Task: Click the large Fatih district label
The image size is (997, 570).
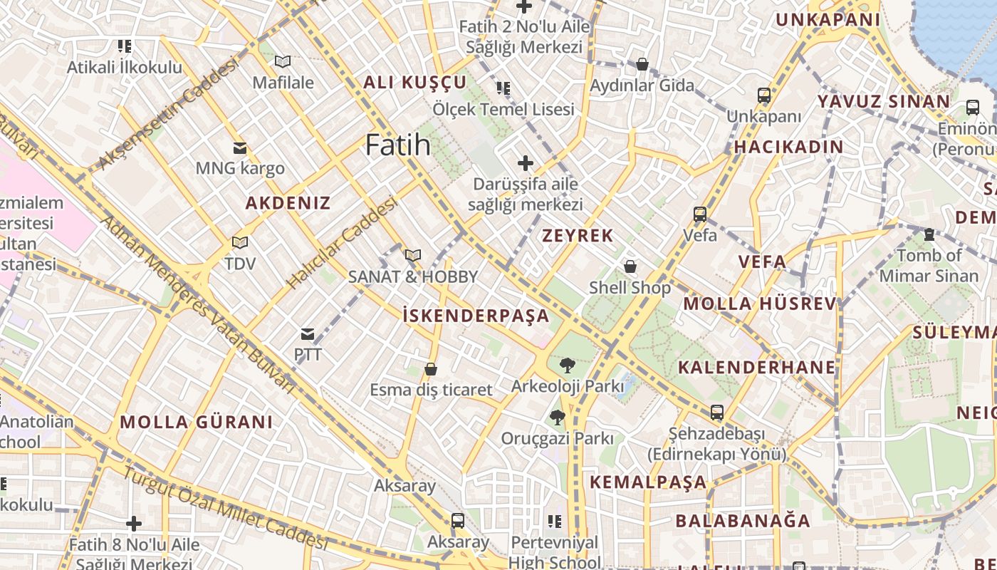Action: [397, 145]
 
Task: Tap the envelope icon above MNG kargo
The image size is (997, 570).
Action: [240, 148]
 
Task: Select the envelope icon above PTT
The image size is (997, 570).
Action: [308, 334]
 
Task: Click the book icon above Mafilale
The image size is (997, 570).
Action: [283, 62]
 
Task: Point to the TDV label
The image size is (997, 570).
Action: [240, 264]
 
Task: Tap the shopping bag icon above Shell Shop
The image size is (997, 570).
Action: [630, 267]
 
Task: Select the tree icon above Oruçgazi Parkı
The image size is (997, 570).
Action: [557, 418]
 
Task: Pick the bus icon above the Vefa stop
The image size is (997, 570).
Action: [700, 214]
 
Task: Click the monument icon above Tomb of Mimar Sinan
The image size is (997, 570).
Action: [929, 234]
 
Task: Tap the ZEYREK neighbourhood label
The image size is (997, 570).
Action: [578, 236]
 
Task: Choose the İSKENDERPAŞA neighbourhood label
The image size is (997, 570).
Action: [476, 316]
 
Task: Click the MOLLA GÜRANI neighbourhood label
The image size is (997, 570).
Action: [196, 422]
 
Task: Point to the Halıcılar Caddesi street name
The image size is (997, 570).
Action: [342, 244]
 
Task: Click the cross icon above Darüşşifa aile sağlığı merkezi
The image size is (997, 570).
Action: [526, 163]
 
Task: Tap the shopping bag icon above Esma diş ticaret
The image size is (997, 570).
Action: [430, 369]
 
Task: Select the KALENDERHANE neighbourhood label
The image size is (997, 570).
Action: [756, 368]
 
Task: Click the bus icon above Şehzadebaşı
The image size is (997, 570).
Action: [716, 413]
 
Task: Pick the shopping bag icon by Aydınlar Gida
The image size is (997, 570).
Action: [642, 65]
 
